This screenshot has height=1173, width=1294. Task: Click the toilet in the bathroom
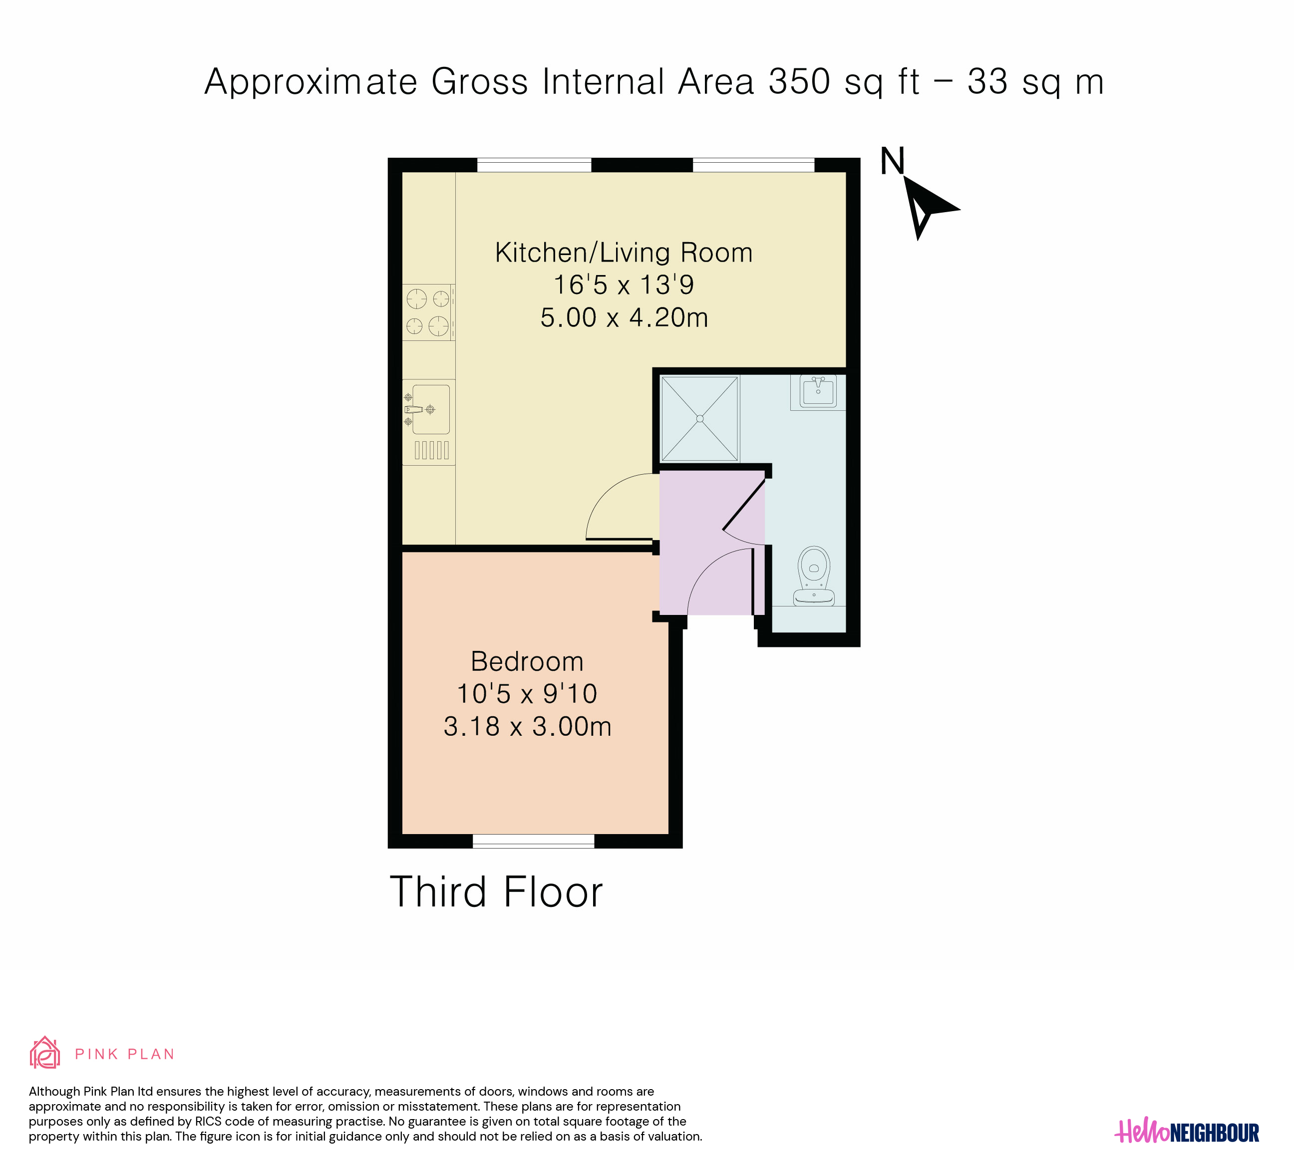pos(814,576)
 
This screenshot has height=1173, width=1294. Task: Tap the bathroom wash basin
pos(818,391)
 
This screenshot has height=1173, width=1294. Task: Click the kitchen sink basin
pos(431,409)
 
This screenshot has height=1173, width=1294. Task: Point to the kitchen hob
pos(428,312)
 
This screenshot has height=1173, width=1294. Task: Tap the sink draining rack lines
pos(432,450)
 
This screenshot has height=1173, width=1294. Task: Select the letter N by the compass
pos(892,161)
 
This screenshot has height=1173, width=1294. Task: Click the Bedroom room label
pos(527,661)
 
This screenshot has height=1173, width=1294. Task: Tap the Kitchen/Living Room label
pos(624,253)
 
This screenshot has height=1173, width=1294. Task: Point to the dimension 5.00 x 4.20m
pos(624,317)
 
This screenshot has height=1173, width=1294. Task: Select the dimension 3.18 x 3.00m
pos(527,726)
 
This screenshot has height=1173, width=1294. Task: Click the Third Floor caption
pos(496,892)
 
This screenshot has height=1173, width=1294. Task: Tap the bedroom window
pos(533,841)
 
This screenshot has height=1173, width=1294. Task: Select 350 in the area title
pos(799,82)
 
